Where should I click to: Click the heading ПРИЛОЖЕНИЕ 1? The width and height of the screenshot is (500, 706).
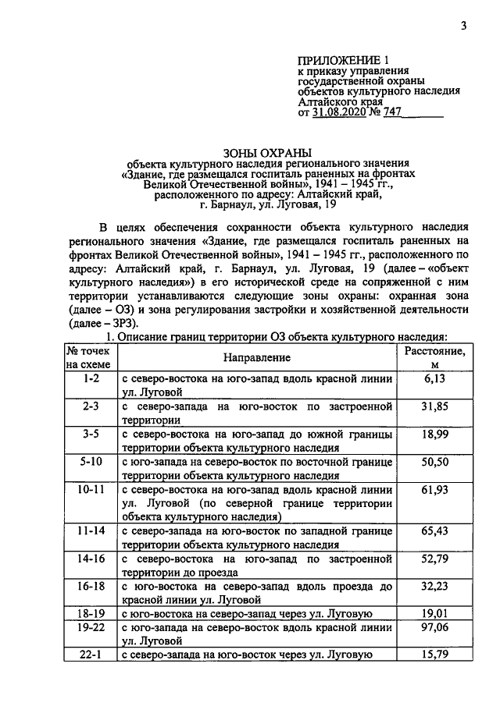(344, 59)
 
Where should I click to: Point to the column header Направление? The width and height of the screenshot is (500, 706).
(256, 357)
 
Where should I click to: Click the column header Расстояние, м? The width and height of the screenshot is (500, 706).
(434, 358)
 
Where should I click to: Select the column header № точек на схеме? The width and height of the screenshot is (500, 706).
(91, 357)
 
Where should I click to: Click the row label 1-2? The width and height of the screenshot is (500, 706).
(91, 378)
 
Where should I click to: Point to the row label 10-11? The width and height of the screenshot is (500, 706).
(91, 490)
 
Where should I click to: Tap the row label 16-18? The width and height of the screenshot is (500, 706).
(91, 587)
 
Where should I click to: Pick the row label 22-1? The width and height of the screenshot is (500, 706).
(91, 656)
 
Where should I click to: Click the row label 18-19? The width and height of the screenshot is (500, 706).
(91, 614)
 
